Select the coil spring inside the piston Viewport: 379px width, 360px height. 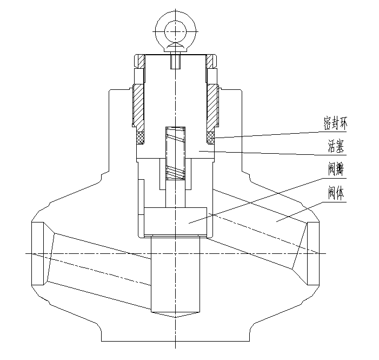[176, 152]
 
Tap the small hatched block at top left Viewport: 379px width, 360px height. [139, 61]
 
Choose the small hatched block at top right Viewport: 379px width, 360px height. [210, 61]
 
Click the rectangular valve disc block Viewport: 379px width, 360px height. [176, 221]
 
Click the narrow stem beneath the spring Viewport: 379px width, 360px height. [176, 195]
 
